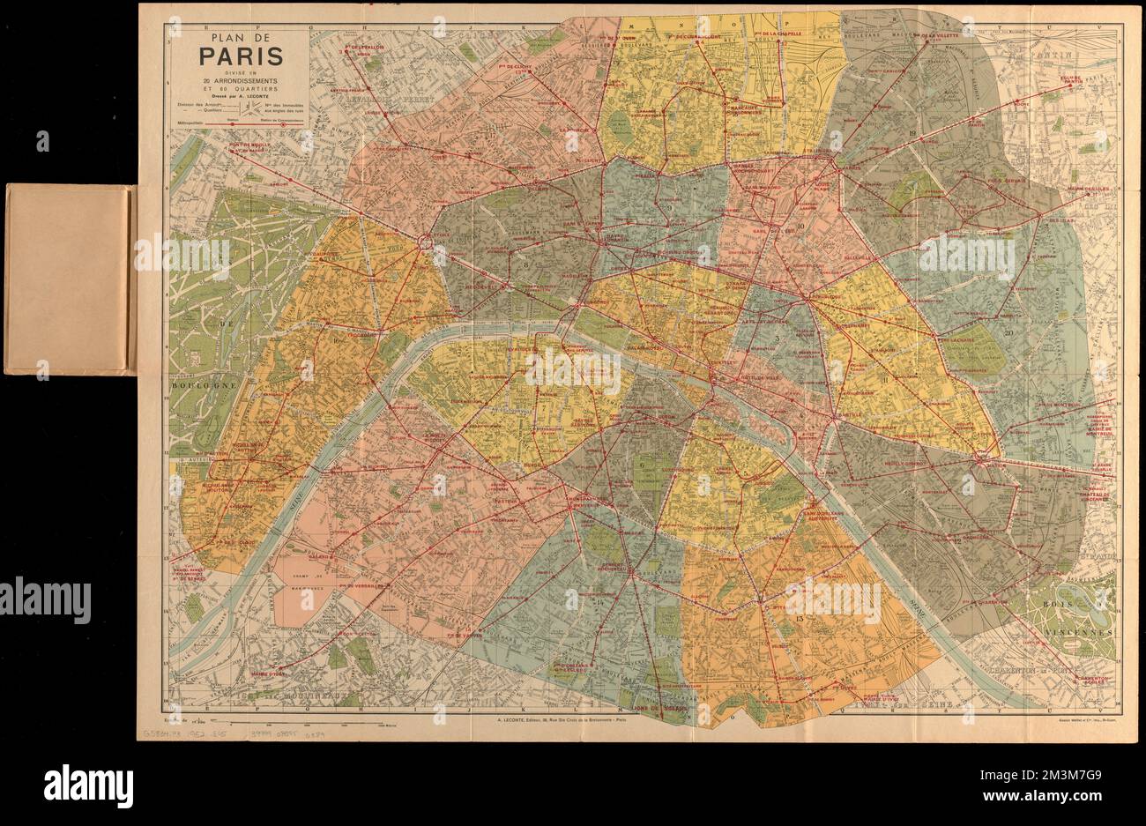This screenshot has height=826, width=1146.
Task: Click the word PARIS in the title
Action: (240, 56)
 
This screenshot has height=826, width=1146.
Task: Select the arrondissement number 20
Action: (1008, 332)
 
